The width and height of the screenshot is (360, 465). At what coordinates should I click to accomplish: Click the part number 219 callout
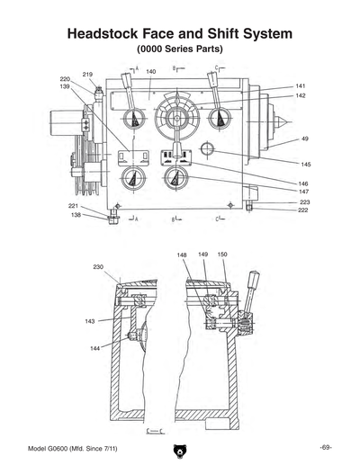point(88,74)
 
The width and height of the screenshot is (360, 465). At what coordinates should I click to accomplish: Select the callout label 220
point(65,80)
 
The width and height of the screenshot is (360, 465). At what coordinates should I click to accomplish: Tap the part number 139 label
point(65,87)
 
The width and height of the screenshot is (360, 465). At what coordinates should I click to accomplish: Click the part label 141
point(301,86)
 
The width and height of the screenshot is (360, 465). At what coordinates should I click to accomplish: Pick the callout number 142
point(301,95)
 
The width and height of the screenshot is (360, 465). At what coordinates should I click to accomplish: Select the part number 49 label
point(305,139)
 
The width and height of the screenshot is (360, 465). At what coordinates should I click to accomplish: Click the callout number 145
point(306,165)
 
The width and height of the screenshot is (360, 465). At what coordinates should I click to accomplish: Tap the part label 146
point(304,183)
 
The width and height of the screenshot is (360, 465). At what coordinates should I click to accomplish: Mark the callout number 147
point(304,192)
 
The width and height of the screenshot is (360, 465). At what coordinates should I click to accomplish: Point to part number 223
point(305,202)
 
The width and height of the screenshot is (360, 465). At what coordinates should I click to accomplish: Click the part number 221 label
point(73,207)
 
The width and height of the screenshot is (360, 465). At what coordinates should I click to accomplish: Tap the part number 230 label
point(97,267)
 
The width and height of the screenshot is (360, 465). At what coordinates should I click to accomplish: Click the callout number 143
point(90,321)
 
